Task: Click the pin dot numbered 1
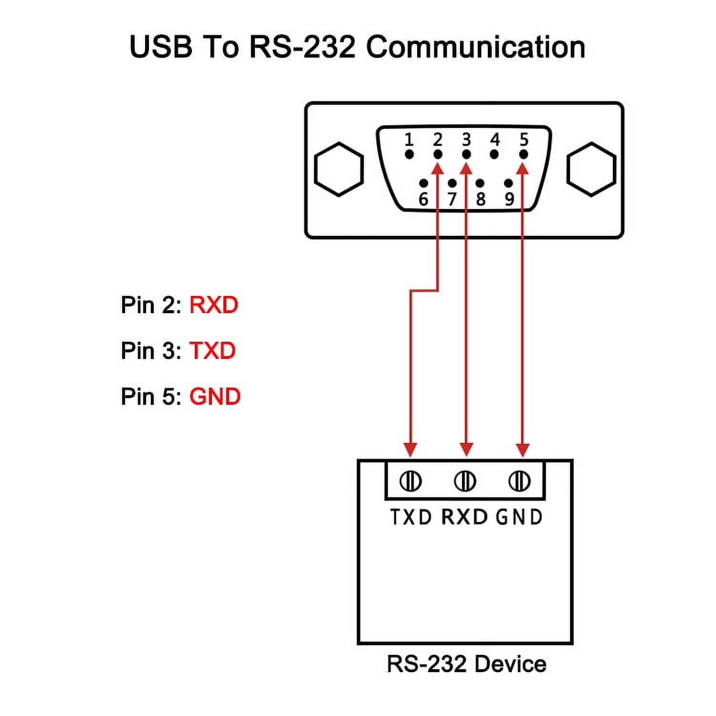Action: [409, 154]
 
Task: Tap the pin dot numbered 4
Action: [495, 154]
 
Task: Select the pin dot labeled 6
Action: [423, 183]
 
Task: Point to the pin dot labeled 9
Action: [508, 183]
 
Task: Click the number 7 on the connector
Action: [452, 199]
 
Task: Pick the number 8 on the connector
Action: [481, 199]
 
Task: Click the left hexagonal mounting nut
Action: [339, 169]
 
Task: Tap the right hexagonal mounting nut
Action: [591, 169]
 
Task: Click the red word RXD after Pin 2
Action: [213, 305]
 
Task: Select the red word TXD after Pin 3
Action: [212, 351]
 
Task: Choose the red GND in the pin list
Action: [215, 397]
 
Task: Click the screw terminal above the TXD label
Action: [411, 481]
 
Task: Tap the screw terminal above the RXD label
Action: [465, 481]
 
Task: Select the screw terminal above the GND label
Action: [519, 481]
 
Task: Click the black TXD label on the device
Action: [411, 517]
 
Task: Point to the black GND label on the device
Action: [519, 517]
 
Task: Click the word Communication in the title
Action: [475, 47]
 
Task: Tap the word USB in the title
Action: [160, 47]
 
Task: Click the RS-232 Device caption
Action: [466, 664]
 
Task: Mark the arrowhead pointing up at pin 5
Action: [523, 168]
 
